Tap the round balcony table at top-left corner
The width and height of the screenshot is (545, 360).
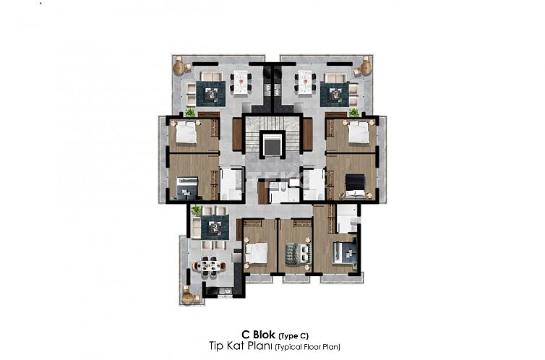click(x=179, y=67)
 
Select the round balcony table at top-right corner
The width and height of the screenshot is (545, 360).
click(x=365, y=67)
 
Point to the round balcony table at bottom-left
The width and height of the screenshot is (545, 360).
click(x=190, y=295)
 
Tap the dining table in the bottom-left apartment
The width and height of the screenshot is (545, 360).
click(x=210, y=265)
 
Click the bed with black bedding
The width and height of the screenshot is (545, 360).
click(x=355, y=186)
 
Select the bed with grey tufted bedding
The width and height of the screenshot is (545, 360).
click(x=296, y=252)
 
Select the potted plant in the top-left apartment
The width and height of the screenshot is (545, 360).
click(x=190, y=113)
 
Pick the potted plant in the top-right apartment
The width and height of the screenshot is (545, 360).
click(x=354, y=113)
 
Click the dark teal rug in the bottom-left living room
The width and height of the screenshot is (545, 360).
click(x=215, y=228)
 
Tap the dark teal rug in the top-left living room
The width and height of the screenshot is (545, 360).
click(x=211, y=92)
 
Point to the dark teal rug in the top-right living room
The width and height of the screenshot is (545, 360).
click(x=334, y=92)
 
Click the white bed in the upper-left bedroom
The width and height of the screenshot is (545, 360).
click(x=186, y=134)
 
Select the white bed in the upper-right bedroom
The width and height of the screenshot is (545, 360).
click(x=358, y=134)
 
